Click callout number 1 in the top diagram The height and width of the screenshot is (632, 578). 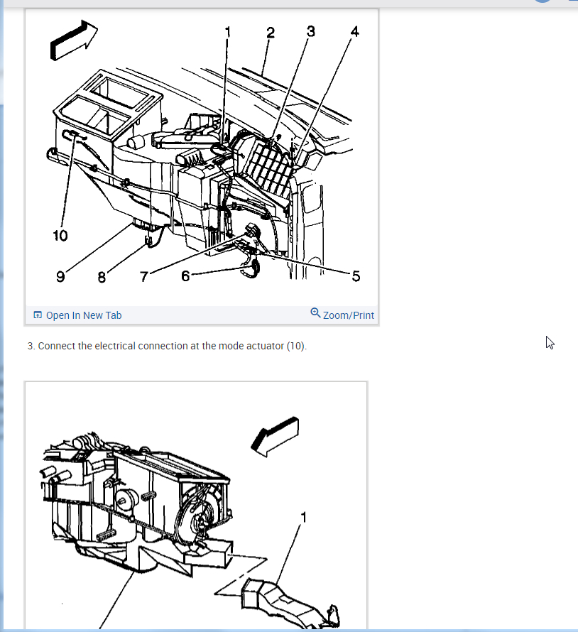(x=228, y=32)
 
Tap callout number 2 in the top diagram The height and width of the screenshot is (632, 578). (x=271, y=33)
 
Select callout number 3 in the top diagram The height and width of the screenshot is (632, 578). (x=310, y=31)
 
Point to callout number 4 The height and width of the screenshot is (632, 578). (x=354, y=31)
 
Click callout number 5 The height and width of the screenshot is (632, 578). (x=356, y=276)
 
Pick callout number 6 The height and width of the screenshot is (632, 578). (x=185, y=276)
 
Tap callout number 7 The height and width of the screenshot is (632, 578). (x=143, y=276)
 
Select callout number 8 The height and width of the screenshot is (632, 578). (x=102, y=277)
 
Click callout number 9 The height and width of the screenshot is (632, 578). (x=60, y=276)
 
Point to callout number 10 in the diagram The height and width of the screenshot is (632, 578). (x=60, y=235)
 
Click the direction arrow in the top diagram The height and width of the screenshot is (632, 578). (x=74, y=40)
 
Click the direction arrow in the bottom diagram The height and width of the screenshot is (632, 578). (x=275, y=437)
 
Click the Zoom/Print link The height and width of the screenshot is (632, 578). (x=348, y=315)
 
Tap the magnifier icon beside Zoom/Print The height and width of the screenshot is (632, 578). (x=315, y=312)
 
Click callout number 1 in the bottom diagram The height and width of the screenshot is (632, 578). (x=303, y=517)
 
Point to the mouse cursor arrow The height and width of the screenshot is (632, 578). (x=550, y=342)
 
